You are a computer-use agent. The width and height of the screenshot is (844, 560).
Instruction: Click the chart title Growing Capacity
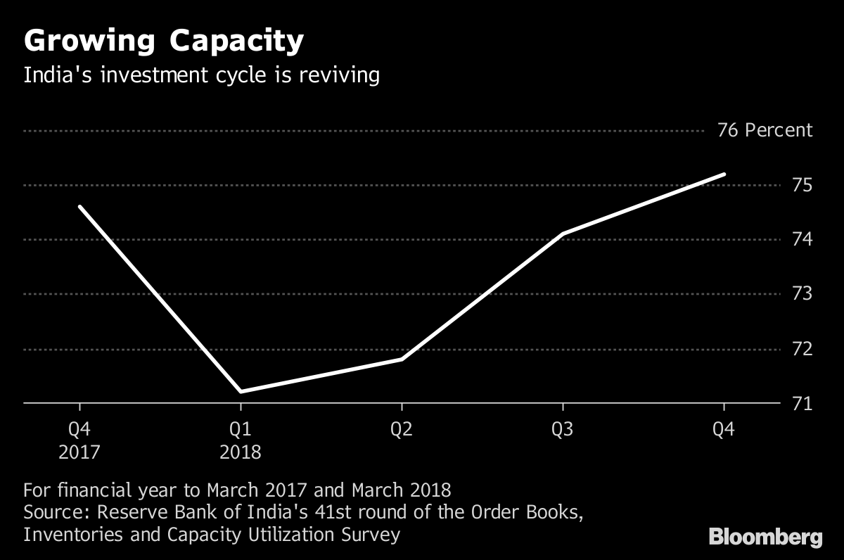point(163,42)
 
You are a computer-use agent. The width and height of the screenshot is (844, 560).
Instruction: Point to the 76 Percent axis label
point(765,130)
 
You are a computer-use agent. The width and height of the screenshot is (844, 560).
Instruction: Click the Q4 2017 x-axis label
point(79,440)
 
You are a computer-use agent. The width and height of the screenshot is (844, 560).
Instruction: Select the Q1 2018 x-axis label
point(241,440)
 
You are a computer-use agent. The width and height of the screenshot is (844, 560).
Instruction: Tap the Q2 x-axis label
point(402,429)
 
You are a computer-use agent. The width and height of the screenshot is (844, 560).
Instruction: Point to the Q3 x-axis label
point(563,429)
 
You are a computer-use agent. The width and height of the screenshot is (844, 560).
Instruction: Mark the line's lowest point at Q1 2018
point(241,392)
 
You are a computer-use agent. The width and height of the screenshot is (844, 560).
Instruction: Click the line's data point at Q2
point(402,359)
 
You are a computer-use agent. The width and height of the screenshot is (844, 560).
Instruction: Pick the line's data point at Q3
point(563,234)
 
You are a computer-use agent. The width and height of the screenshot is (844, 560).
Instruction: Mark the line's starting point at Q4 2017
point(79,206)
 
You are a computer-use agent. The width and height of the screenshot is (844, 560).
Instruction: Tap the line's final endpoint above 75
point(724,174)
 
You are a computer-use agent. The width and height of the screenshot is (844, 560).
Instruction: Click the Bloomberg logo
point(765,538)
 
